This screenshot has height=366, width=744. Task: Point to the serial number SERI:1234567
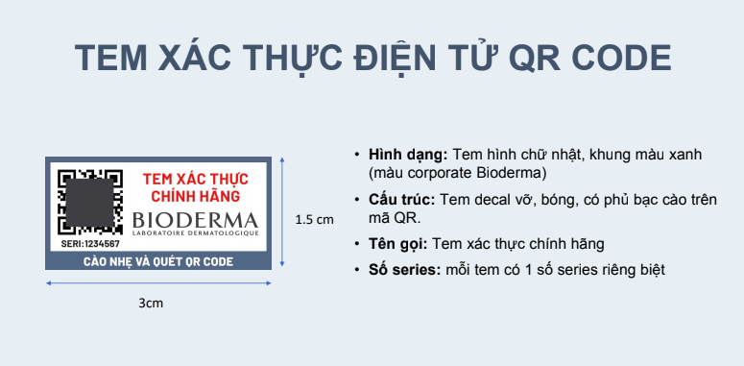89,244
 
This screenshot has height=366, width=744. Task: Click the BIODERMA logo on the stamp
196,219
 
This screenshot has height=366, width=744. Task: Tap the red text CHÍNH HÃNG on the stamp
196,197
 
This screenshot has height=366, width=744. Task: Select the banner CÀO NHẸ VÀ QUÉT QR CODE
158,260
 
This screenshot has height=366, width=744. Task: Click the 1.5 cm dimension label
314,219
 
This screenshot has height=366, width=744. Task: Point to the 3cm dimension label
151,303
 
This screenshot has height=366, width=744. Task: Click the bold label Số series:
403,270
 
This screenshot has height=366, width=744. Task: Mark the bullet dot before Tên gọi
358,244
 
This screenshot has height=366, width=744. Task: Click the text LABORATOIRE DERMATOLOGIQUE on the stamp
196,234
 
